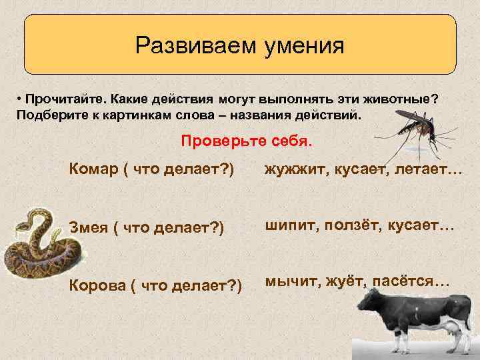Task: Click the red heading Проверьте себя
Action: tap(246, 142)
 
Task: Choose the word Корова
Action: tap(97, 285)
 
